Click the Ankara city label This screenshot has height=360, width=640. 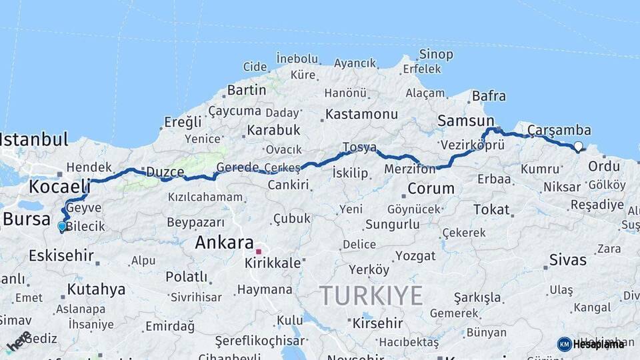pos(224,243)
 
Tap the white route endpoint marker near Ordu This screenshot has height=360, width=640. pos(578,146)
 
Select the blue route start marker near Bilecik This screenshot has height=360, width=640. pos(62,227)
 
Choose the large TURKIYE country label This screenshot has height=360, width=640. pos(371,295)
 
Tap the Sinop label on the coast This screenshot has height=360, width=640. pos(436,55)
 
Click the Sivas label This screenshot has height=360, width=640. pos(568,260)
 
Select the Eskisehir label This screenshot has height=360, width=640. pos(61,256)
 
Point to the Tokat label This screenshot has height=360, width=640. pos(491,210)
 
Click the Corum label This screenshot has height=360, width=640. pos(431,189)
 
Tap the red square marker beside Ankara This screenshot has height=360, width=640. pos(259,252)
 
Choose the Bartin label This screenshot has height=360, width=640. pos(246,90)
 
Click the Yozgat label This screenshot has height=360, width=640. pos(415,256)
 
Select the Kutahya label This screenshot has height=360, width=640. pos(96,289)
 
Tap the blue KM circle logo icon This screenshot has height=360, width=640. pos(564,344)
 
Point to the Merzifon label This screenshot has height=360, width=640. pos(409,169)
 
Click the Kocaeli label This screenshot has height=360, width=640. pos(59,186)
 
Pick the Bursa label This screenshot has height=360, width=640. pos(27,219)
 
